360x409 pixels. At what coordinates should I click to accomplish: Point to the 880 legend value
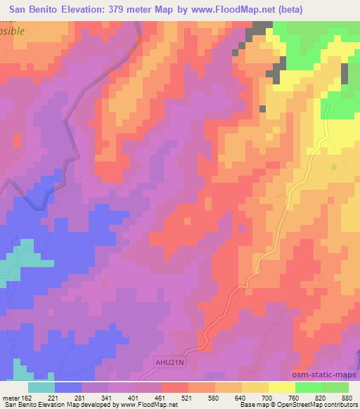click(347, 398)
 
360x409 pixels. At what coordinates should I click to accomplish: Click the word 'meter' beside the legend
click(10, 398)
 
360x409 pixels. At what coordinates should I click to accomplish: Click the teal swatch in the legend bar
click(41, 387)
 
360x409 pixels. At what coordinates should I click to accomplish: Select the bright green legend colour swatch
click(308, 387)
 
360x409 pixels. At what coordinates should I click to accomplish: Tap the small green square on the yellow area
click(333, 167)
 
